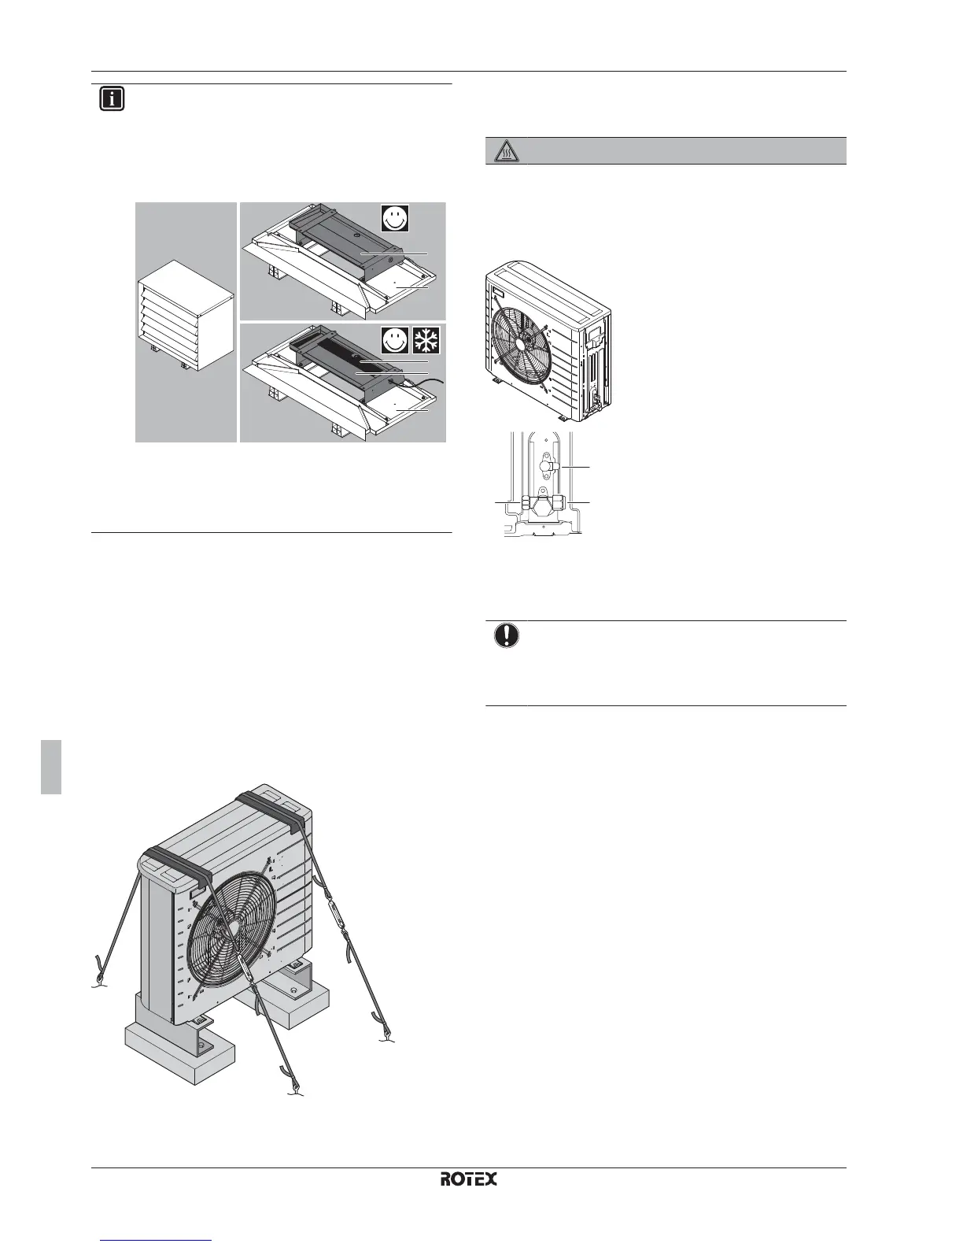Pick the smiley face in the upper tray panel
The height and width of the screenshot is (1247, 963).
(396, 216)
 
